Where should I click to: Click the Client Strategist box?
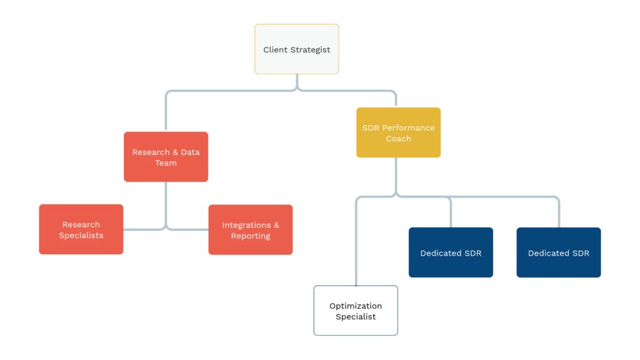pos(297,49)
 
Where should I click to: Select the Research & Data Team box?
pos(166,157)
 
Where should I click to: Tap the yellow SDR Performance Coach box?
pos(398,132)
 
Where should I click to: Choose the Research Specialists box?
pos(81,229)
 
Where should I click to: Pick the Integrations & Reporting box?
pos(251,230)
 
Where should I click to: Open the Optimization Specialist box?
pos(356,311)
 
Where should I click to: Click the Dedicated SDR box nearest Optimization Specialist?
pos(451,252)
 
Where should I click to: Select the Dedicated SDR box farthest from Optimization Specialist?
pos(559,252)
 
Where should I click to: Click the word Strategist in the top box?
pos(311,50)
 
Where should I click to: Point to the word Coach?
pos(398,139)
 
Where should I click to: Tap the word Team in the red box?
pos(166,163)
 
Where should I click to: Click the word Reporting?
pos(251,236)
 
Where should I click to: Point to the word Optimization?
pos(356,306)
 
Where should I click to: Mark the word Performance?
pos(408,127)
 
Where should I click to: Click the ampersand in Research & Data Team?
pos(176,152)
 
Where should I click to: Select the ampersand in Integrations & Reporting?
pos(276,225)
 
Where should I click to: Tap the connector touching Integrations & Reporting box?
pos(187,229)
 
